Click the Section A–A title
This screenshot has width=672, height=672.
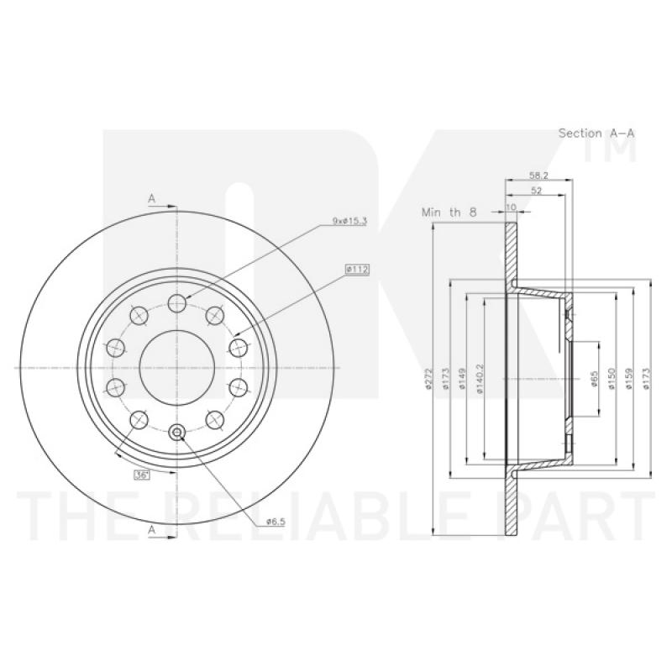pyautogui.click(x=596, y=133)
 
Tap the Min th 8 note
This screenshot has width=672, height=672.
pyautogui.click(x=449, y=213)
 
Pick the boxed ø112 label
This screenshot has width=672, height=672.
pyautogui.click(x=357, y=270)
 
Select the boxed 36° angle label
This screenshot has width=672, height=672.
pyautogui.click(x=140, y=475)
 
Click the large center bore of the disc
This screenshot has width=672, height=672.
pyautogui.click(x=176, y=367)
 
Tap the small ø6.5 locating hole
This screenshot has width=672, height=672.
pyautogui.click(x=177, y=433)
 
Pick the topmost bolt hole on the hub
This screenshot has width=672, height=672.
pyautogui.click(x=177, y=302)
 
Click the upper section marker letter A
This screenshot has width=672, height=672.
pyautogui.click(x=152, y=198)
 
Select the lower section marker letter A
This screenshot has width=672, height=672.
pyautogui.click(x=152, y=529)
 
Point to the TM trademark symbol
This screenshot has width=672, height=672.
pyautogui.click(x=625, y=143)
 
